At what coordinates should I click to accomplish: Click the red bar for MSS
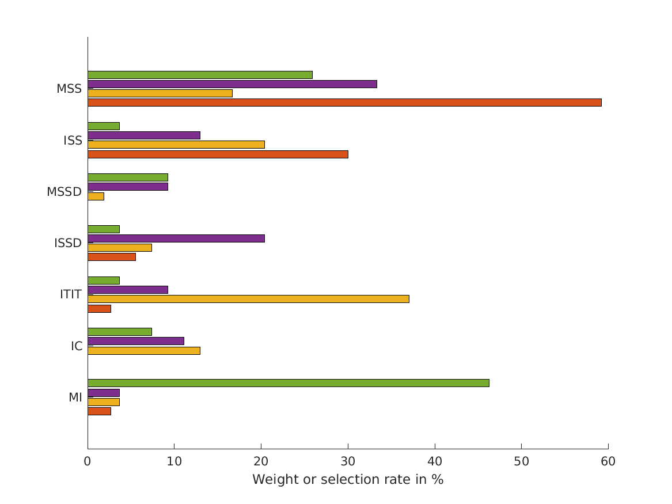tap(344, 103)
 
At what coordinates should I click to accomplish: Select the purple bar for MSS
tap(232, 84)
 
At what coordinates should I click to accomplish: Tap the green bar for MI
tap(288, 383)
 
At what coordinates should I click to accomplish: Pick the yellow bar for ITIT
tap(248, 299)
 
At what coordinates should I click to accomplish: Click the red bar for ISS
tap(218, 154)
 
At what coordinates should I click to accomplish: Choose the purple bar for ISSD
tap(176, 238)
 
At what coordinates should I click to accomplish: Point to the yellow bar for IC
tap(144, 351)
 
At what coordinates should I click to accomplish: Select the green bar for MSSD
tap(128, 177)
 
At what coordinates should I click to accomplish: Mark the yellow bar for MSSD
tap(96, 196)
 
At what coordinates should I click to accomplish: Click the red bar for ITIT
tap(99, 309)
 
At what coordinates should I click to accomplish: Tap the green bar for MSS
tap(200, 75)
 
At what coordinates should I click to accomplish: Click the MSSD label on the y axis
tap(64, 192)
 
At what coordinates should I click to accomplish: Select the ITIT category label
tap(71, 294)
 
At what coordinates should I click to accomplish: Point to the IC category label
tap(77, 346)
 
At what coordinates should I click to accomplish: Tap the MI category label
tap(75, 397)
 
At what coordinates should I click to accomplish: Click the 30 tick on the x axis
tap(348, 461)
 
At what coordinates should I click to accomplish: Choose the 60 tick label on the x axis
tap(608, 461)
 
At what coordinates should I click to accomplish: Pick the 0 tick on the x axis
tap(88, 461)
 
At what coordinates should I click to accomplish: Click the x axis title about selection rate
tap(348, 480)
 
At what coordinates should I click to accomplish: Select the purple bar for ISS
tap(144, 135)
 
